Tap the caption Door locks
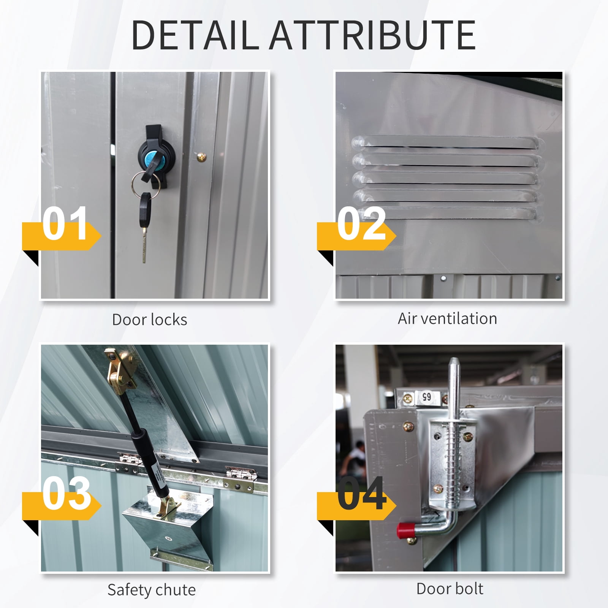coord(150,320)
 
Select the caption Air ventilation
coord(447,318)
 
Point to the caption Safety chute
coord(152,590)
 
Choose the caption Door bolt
coord(450,589)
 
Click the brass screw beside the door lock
coord(201,156)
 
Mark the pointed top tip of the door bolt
coord(453,358)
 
